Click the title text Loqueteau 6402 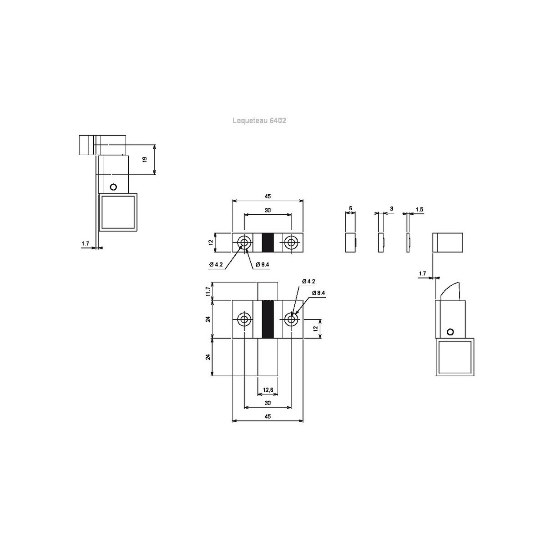click(259, 121)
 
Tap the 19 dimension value click(145, 159)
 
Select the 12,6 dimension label click(268, 389)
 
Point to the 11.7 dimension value click(208, 292)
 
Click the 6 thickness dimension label click(350, 208)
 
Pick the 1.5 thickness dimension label click(420, 209)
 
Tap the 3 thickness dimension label click(392, 208)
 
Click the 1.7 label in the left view click(85, 243)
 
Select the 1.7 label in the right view click(422, 273)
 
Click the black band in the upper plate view click(268, 243)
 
